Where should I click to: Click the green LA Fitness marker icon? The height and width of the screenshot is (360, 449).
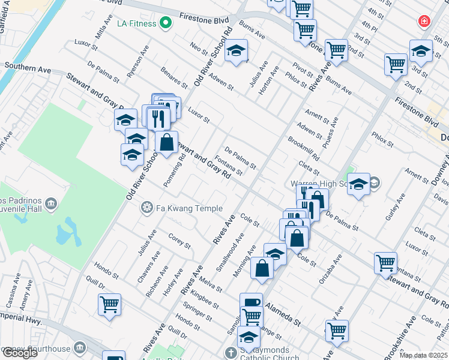click(167, 24)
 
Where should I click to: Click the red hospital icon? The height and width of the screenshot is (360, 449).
click(425, 21)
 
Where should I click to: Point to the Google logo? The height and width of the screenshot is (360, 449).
click(20, 353)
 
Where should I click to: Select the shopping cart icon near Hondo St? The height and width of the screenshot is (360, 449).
click(109, 305)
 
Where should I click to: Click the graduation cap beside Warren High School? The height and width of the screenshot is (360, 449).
click(359, 185)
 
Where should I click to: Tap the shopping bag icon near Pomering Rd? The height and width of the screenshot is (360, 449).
click(167, 143)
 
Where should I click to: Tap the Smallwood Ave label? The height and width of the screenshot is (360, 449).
click(229, 256)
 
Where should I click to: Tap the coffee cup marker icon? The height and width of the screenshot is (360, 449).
click(251, 302)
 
